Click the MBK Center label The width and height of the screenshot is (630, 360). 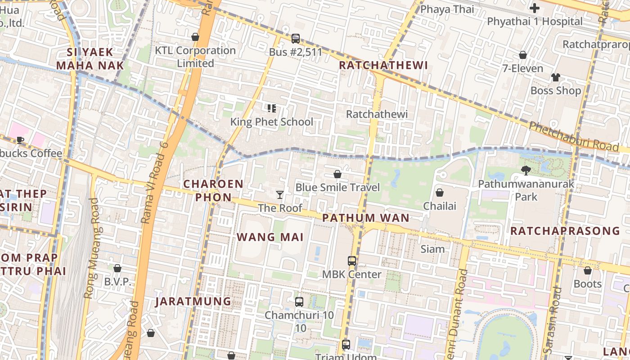351,274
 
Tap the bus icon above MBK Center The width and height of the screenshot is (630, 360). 351,261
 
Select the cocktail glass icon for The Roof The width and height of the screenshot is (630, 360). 280,195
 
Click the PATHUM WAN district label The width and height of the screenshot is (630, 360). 366,218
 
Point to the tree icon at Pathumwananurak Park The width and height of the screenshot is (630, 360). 526,170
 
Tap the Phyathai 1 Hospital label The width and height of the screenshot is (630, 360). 535,21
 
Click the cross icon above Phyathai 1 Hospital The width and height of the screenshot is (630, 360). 535,8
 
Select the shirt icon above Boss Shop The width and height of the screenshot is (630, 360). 555,77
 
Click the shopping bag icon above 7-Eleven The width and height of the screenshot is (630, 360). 522,55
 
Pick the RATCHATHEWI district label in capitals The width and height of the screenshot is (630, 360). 383,65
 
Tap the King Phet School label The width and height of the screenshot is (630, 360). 271,121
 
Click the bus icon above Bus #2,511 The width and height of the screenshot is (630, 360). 295,39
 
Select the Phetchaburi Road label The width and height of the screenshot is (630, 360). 574,136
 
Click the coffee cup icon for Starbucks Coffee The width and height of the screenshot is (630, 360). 20,140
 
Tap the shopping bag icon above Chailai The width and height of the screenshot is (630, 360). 439,193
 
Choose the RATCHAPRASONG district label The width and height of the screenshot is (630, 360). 565,231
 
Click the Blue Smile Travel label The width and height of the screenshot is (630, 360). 337,187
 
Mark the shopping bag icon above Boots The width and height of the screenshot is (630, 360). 587,270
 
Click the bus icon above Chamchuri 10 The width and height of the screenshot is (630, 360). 299,301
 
